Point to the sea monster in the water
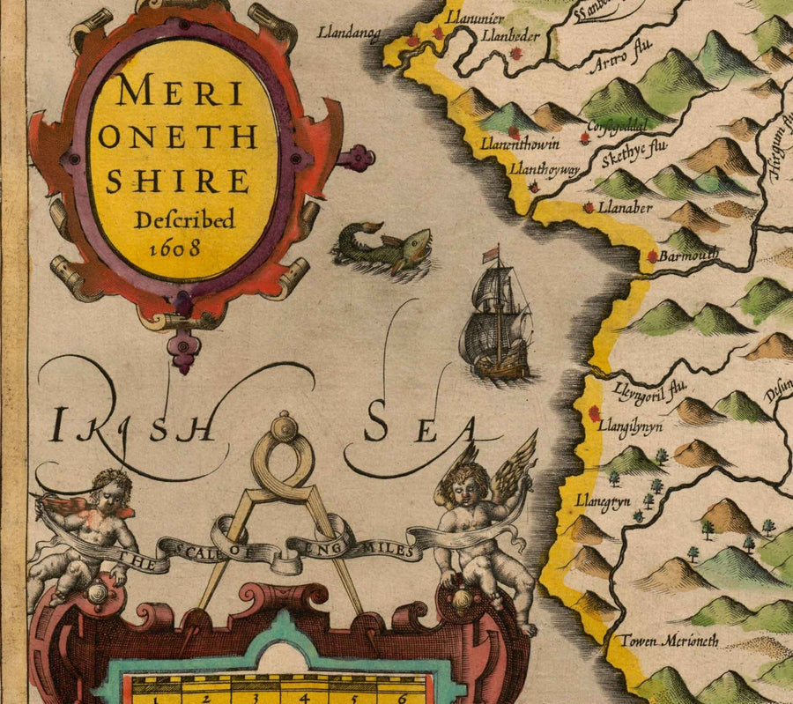click(x=384, y=249)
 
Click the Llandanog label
click(x=350, y=34)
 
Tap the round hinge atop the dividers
click(x=284, y=428)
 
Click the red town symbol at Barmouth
click(x=652, y=256)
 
